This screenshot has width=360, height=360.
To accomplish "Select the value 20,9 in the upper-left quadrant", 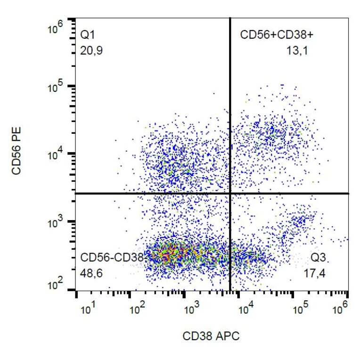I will click(91, 49).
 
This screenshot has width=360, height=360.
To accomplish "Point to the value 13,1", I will click(297, 49).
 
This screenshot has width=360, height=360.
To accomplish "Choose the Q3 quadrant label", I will click(319, 258).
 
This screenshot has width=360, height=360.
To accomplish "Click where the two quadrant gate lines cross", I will click(230, 193).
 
